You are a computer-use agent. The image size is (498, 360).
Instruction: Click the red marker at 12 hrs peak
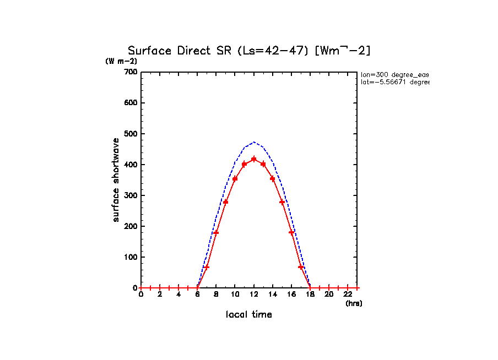pyautogui.click(x=253, y=159)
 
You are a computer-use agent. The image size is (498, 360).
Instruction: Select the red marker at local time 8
pyautogui.click(x=216, y=233)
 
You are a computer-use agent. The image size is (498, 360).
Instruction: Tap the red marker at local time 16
pyautogui.click(x=291, y=233)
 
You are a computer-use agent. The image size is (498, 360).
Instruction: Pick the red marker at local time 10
pyautogui.click(x=235, y=178)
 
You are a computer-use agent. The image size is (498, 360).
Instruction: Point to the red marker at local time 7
pyautogui.click(x=207, y=267)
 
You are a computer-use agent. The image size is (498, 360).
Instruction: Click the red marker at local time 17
pyautogui.click(x=301, y=267)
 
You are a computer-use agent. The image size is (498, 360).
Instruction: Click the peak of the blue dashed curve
pyautogui.click(x=253, y=142)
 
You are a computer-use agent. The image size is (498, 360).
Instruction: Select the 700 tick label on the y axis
pyautogui.click(x=131, y=72)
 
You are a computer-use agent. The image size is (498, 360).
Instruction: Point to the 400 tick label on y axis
pyautogui.click(x=131, y=165)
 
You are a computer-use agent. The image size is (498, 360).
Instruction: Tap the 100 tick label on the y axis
pyautogui.click(x=131, y=257)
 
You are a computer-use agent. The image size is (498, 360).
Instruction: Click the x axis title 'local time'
pyautogui.click(x=249, y=315)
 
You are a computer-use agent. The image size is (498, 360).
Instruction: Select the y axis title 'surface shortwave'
pyautogui.click(x=116, y=180)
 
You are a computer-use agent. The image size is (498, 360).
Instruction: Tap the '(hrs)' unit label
pyautogui.click(x=354, y=303)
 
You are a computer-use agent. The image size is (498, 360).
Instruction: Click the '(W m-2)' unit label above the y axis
pyautogui.click(x=121, y=61)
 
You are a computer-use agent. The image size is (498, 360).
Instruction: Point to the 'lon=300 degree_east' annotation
pyautogui.click(x=394, y=74)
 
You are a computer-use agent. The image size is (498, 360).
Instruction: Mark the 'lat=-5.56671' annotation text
pyautogui.click(x=394, y=82)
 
